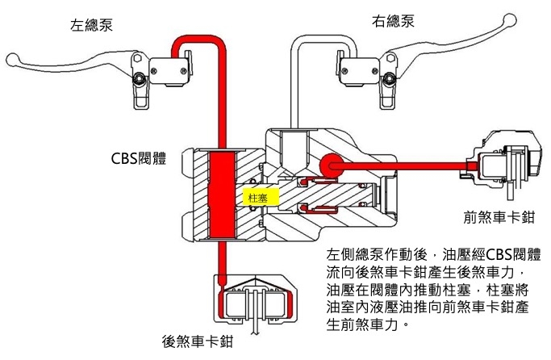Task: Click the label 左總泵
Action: pyautogui.click(x=90, y=23)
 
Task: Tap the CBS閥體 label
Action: pyautogui.click(x=139, y=157)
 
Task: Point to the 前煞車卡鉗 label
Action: pyautogui.click(x=498, y=216)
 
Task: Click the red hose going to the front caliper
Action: pyautogui.click(x=403, y=165)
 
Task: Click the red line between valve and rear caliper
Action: pyautogui.click(x=219, y=258)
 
